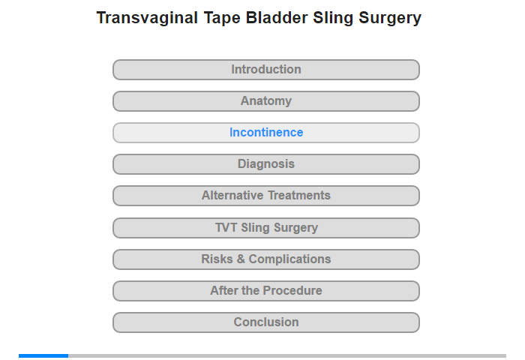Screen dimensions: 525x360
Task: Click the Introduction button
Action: (266, 70)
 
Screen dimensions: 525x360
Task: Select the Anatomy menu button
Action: (266, 101)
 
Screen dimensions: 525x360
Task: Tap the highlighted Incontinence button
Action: (266, 133)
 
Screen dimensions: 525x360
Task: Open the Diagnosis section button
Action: (266, 164)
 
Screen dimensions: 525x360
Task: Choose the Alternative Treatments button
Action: (266, 196)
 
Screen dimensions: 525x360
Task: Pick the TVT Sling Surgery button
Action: (266, 228)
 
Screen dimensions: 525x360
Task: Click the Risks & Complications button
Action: (266, 259)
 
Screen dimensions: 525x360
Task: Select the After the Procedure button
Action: (266, 291)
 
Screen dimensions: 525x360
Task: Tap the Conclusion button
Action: (266, 322)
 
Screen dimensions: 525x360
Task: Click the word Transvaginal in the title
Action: (147, 18)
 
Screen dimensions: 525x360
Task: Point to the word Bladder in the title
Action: (277, 18)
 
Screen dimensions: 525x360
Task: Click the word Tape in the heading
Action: (222, 19)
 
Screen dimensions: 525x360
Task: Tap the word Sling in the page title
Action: (333, 19)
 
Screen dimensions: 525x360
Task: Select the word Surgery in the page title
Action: (390, 19)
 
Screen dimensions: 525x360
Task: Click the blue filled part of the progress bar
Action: (43, 355)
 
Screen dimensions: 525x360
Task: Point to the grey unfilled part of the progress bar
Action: (287, 355)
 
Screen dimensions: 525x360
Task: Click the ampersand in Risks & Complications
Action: (241, 259)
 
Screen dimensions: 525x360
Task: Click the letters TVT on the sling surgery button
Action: (226, 227)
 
